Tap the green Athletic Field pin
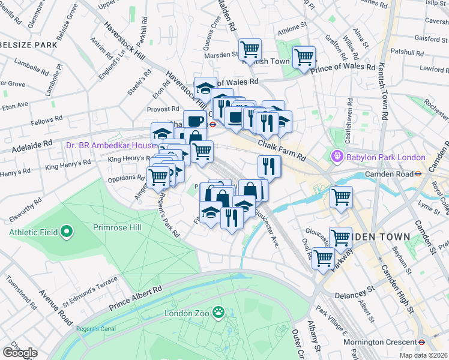click(x=67, y=231)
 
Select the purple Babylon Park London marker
click(x=337, y=157)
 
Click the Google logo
click(x=20, y=353)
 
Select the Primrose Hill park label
click(x=118, y=227)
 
